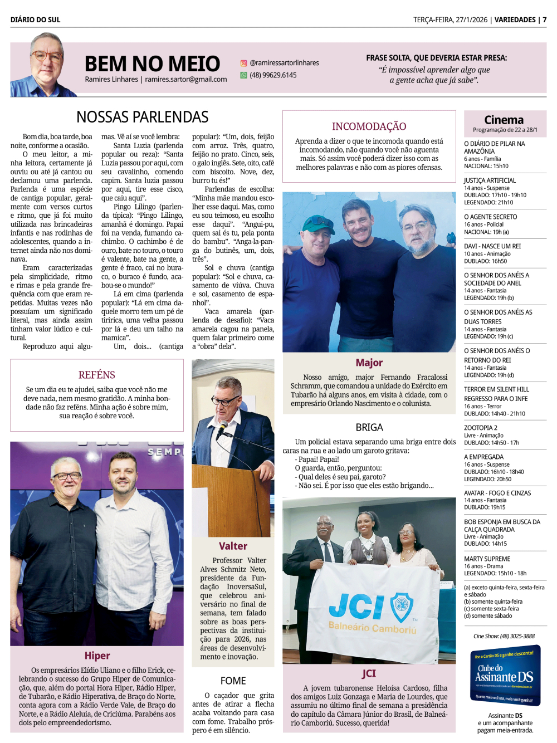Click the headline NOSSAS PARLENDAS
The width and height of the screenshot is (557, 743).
[x=142, y=117]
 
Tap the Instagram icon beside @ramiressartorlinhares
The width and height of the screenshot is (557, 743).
[x=243, y=63]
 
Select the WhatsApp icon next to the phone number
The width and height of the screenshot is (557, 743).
[x=243, y=75]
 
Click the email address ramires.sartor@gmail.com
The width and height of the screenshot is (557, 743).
[x=186, y=80]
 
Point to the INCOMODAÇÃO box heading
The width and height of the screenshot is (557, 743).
[x=369, y=126]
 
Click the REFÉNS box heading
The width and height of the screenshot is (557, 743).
[x=97, y=375]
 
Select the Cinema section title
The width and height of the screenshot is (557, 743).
[x=504, y=120]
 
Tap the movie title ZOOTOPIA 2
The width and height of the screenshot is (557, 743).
[x=481, y=428]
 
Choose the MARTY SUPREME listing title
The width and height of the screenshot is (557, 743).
[x=487, y=559]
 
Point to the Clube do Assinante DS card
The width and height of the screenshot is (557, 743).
[x=505, y=676]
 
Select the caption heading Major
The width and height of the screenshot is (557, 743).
[x=369, y=363]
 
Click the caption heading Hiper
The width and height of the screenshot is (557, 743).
[x=97, y=656]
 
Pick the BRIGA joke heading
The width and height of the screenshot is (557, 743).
[x=369, y=427]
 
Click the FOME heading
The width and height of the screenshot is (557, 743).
[x=233, y=681]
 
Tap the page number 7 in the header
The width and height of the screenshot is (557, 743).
[x=545, y=19]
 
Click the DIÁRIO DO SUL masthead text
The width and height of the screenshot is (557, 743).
[x=35, y=19]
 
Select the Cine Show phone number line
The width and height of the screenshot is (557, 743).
[x=504, y=636]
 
